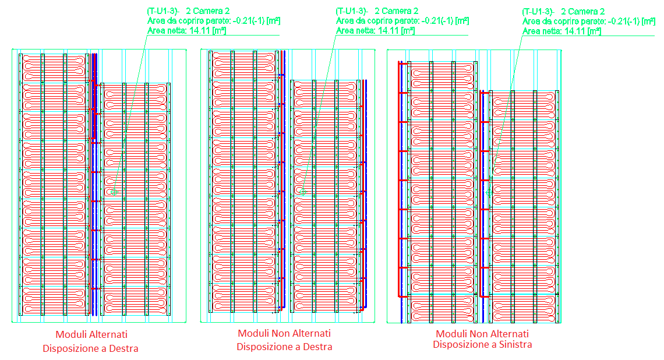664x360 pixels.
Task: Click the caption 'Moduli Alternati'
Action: tap(91, 334)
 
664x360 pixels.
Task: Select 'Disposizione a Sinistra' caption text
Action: tap(482, 344)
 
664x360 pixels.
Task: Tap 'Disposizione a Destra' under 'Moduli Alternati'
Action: tap(90, 348)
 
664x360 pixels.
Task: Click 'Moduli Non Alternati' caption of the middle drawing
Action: tap(284, 333)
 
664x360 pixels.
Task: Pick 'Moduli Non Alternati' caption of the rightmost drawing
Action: tap(482, 333)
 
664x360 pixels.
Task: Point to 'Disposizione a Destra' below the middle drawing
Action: tap(284, 347)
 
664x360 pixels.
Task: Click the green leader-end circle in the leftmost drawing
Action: tap(115, 191)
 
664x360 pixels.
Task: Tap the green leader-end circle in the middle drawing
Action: tap(303, 191)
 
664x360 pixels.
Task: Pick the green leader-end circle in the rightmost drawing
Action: tap(488, 191)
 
